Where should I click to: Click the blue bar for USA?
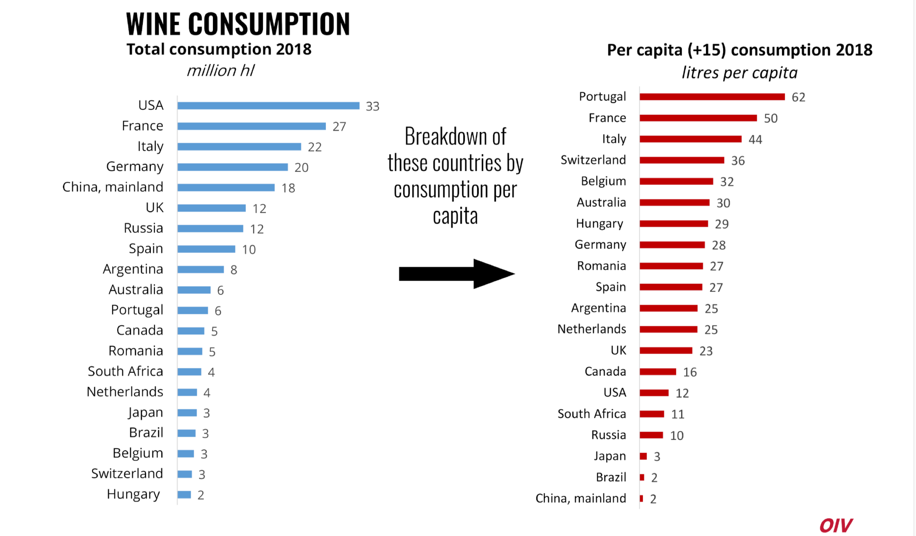tap(268, 106)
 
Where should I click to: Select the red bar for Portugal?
tap(712, 97)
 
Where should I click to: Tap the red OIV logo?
tap(836, 525)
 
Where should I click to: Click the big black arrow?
tap(457, 274)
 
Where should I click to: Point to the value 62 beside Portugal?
tap(798, 97)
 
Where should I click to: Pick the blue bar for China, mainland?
tap(226, 188)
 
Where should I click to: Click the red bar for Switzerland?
tap(682, 160)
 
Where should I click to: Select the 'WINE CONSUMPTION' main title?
tap(238, 24)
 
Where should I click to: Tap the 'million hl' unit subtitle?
tap(220, 71)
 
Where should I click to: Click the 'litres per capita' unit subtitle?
tap(740, 73)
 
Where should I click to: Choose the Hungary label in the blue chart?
tap(133, 494)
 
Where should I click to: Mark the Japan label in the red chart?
tap(610, 456)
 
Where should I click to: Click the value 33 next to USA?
tap(373, 107)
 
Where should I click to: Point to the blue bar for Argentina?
tap(201, 270)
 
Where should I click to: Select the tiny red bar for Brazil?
tap(642, 477)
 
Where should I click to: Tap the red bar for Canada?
tap(658, 372)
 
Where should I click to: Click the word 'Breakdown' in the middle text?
tap(455, 137)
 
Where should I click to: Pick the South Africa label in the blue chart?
tap(125, 371)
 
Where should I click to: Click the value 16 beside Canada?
tap(690, 372)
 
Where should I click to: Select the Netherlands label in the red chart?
tap(592, 329)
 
